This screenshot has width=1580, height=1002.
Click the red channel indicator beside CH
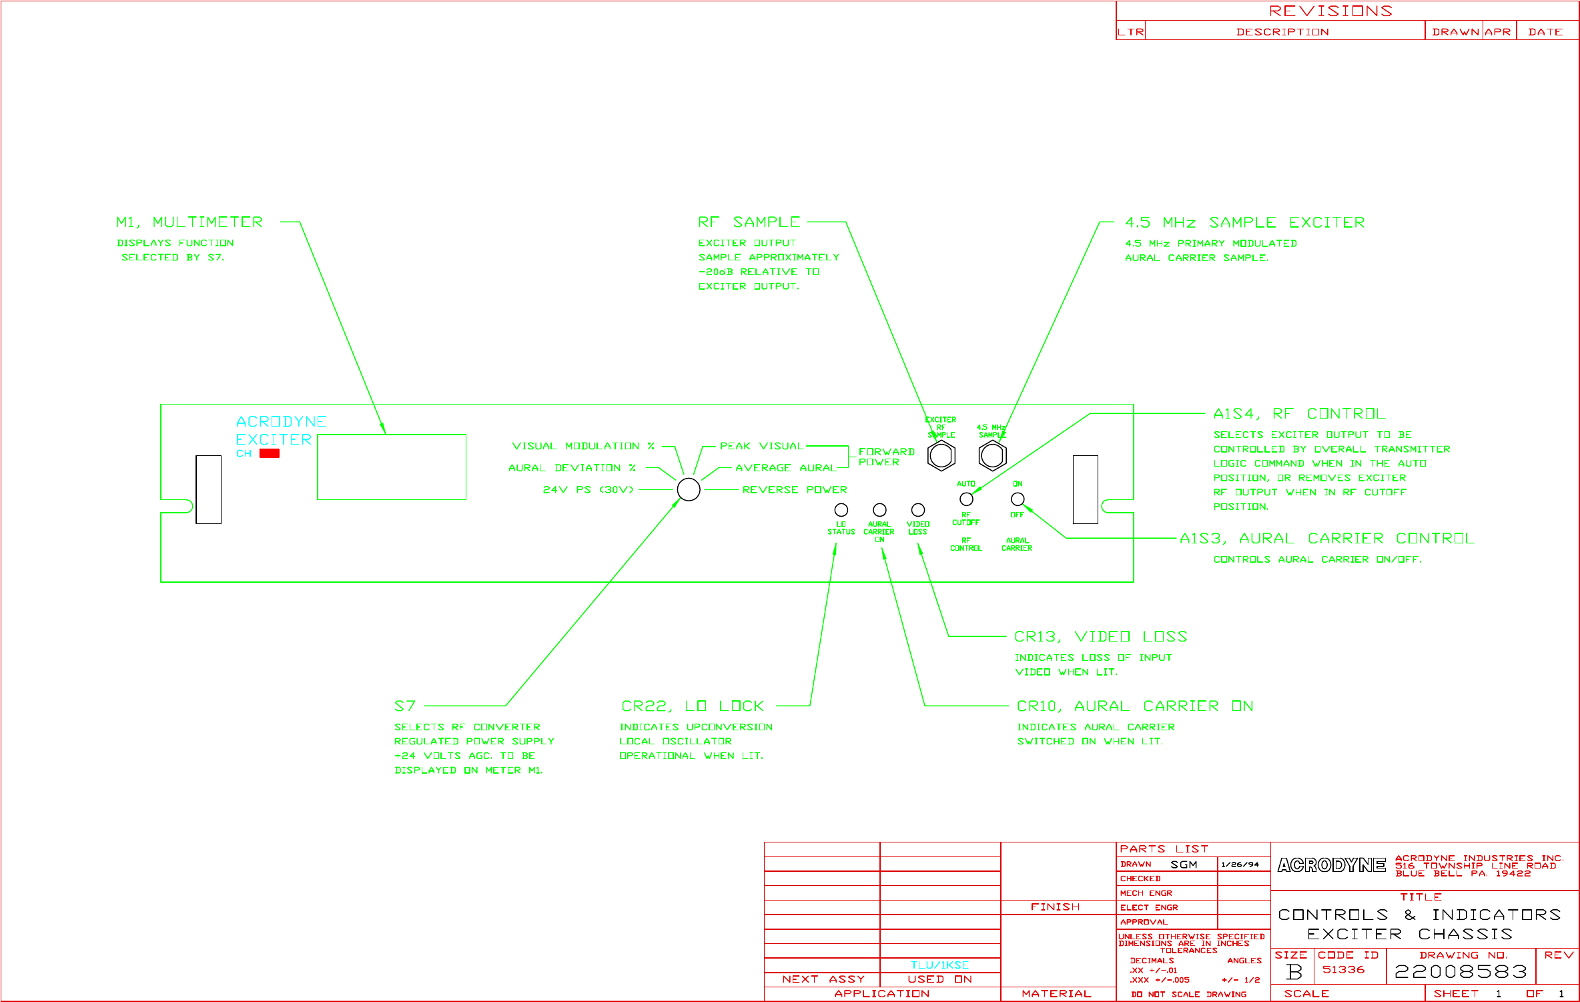pos(270,453)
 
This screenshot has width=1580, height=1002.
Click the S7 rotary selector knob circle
pos(689,489)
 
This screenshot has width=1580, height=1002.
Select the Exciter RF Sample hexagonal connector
pos(941,456)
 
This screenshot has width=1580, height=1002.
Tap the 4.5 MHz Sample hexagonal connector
pos(992,456)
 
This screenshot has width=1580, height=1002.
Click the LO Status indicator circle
pos(841,510)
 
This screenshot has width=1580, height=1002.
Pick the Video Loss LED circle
pos(918,510)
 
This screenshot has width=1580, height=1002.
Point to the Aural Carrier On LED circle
pos(879,510)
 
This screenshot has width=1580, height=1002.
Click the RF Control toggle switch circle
pos(966,499)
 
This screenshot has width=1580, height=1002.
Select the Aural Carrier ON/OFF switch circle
pos(1018,499)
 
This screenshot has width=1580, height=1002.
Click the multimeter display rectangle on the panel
pos(392,467)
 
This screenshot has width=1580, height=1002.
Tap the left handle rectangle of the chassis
pos(208,489)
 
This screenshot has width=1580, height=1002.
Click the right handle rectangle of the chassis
pos(1085,489)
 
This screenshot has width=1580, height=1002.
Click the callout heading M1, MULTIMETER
pos(189,222)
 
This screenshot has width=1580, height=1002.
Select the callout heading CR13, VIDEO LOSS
pos(1100,637)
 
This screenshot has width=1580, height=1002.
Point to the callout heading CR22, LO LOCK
pos(692,706)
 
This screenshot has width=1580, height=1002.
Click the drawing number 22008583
pos(1461,971)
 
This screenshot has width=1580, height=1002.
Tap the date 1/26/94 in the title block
pos(1240,864)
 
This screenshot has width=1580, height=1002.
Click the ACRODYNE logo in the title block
pos(1331,865)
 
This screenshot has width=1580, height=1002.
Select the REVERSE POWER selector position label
pos(795,490)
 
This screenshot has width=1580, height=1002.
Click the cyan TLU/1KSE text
pos(939,965)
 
